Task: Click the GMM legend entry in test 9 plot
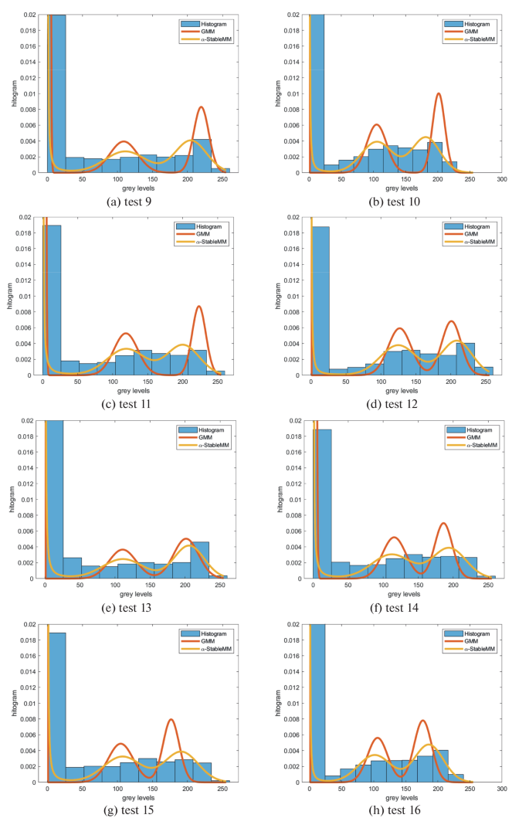click(x=205, y=31)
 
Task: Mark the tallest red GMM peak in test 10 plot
click(x=438, y=94)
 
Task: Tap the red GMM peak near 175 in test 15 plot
click(x=171, y=720)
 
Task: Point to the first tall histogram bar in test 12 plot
click(x=321, y=301)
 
